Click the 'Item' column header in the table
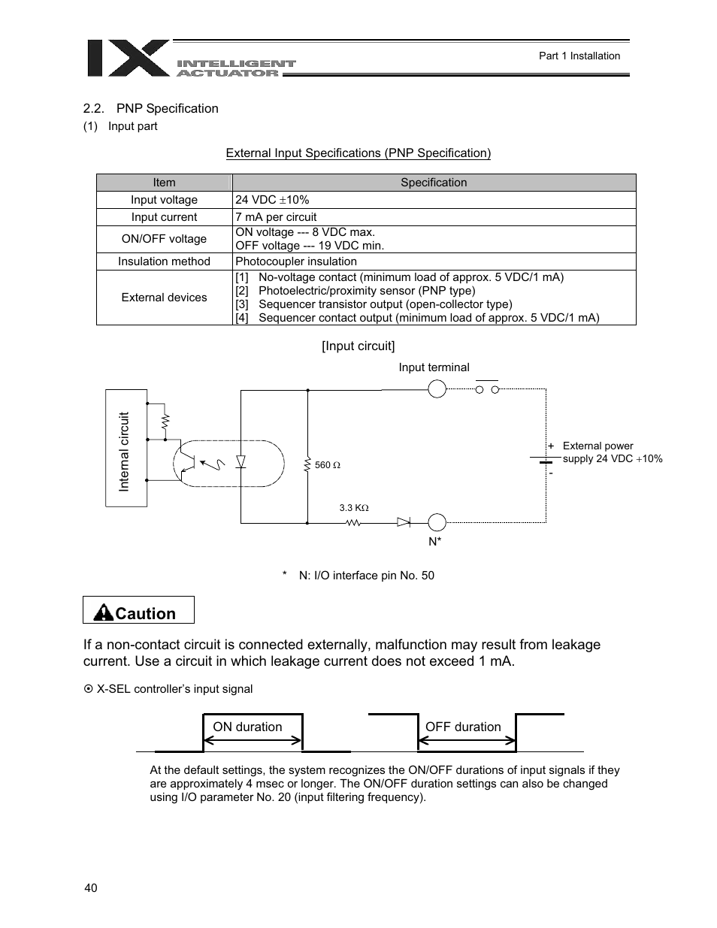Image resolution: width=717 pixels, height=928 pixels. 164,183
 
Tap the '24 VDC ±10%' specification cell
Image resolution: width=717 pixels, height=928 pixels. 272,200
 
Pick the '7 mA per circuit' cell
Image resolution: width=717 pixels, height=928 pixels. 276,217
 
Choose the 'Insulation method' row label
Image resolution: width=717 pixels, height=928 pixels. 164,261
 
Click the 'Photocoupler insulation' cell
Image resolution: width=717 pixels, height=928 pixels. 296,261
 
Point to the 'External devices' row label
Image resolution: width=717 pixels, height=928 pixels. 164,298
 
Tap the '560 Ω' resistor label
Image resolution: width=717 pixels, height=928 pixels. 328,465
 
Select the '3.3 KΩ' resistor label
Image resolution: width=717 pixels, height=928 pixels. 353,508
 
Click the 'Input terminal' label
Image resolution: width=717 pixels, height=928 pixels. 434,367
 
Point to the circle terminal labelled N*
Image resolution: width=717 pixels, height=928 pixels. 437,522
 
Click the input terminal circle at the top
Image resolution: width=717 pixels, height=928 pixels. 437,388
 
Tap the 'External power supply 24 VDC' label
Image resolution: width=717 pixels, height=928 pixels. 612,452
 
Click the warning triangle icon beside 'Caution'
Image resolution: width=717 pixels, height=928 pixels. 103,613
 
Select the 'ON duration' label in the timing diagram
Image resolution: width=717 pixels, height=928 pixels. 247,727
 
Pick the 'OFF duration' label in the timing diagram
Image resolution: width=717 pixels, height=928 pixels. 463,727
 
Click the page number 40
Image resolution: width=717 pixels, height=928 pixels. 91,888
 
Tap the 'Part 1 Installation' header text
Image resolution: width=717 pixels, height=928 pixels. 579,56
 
